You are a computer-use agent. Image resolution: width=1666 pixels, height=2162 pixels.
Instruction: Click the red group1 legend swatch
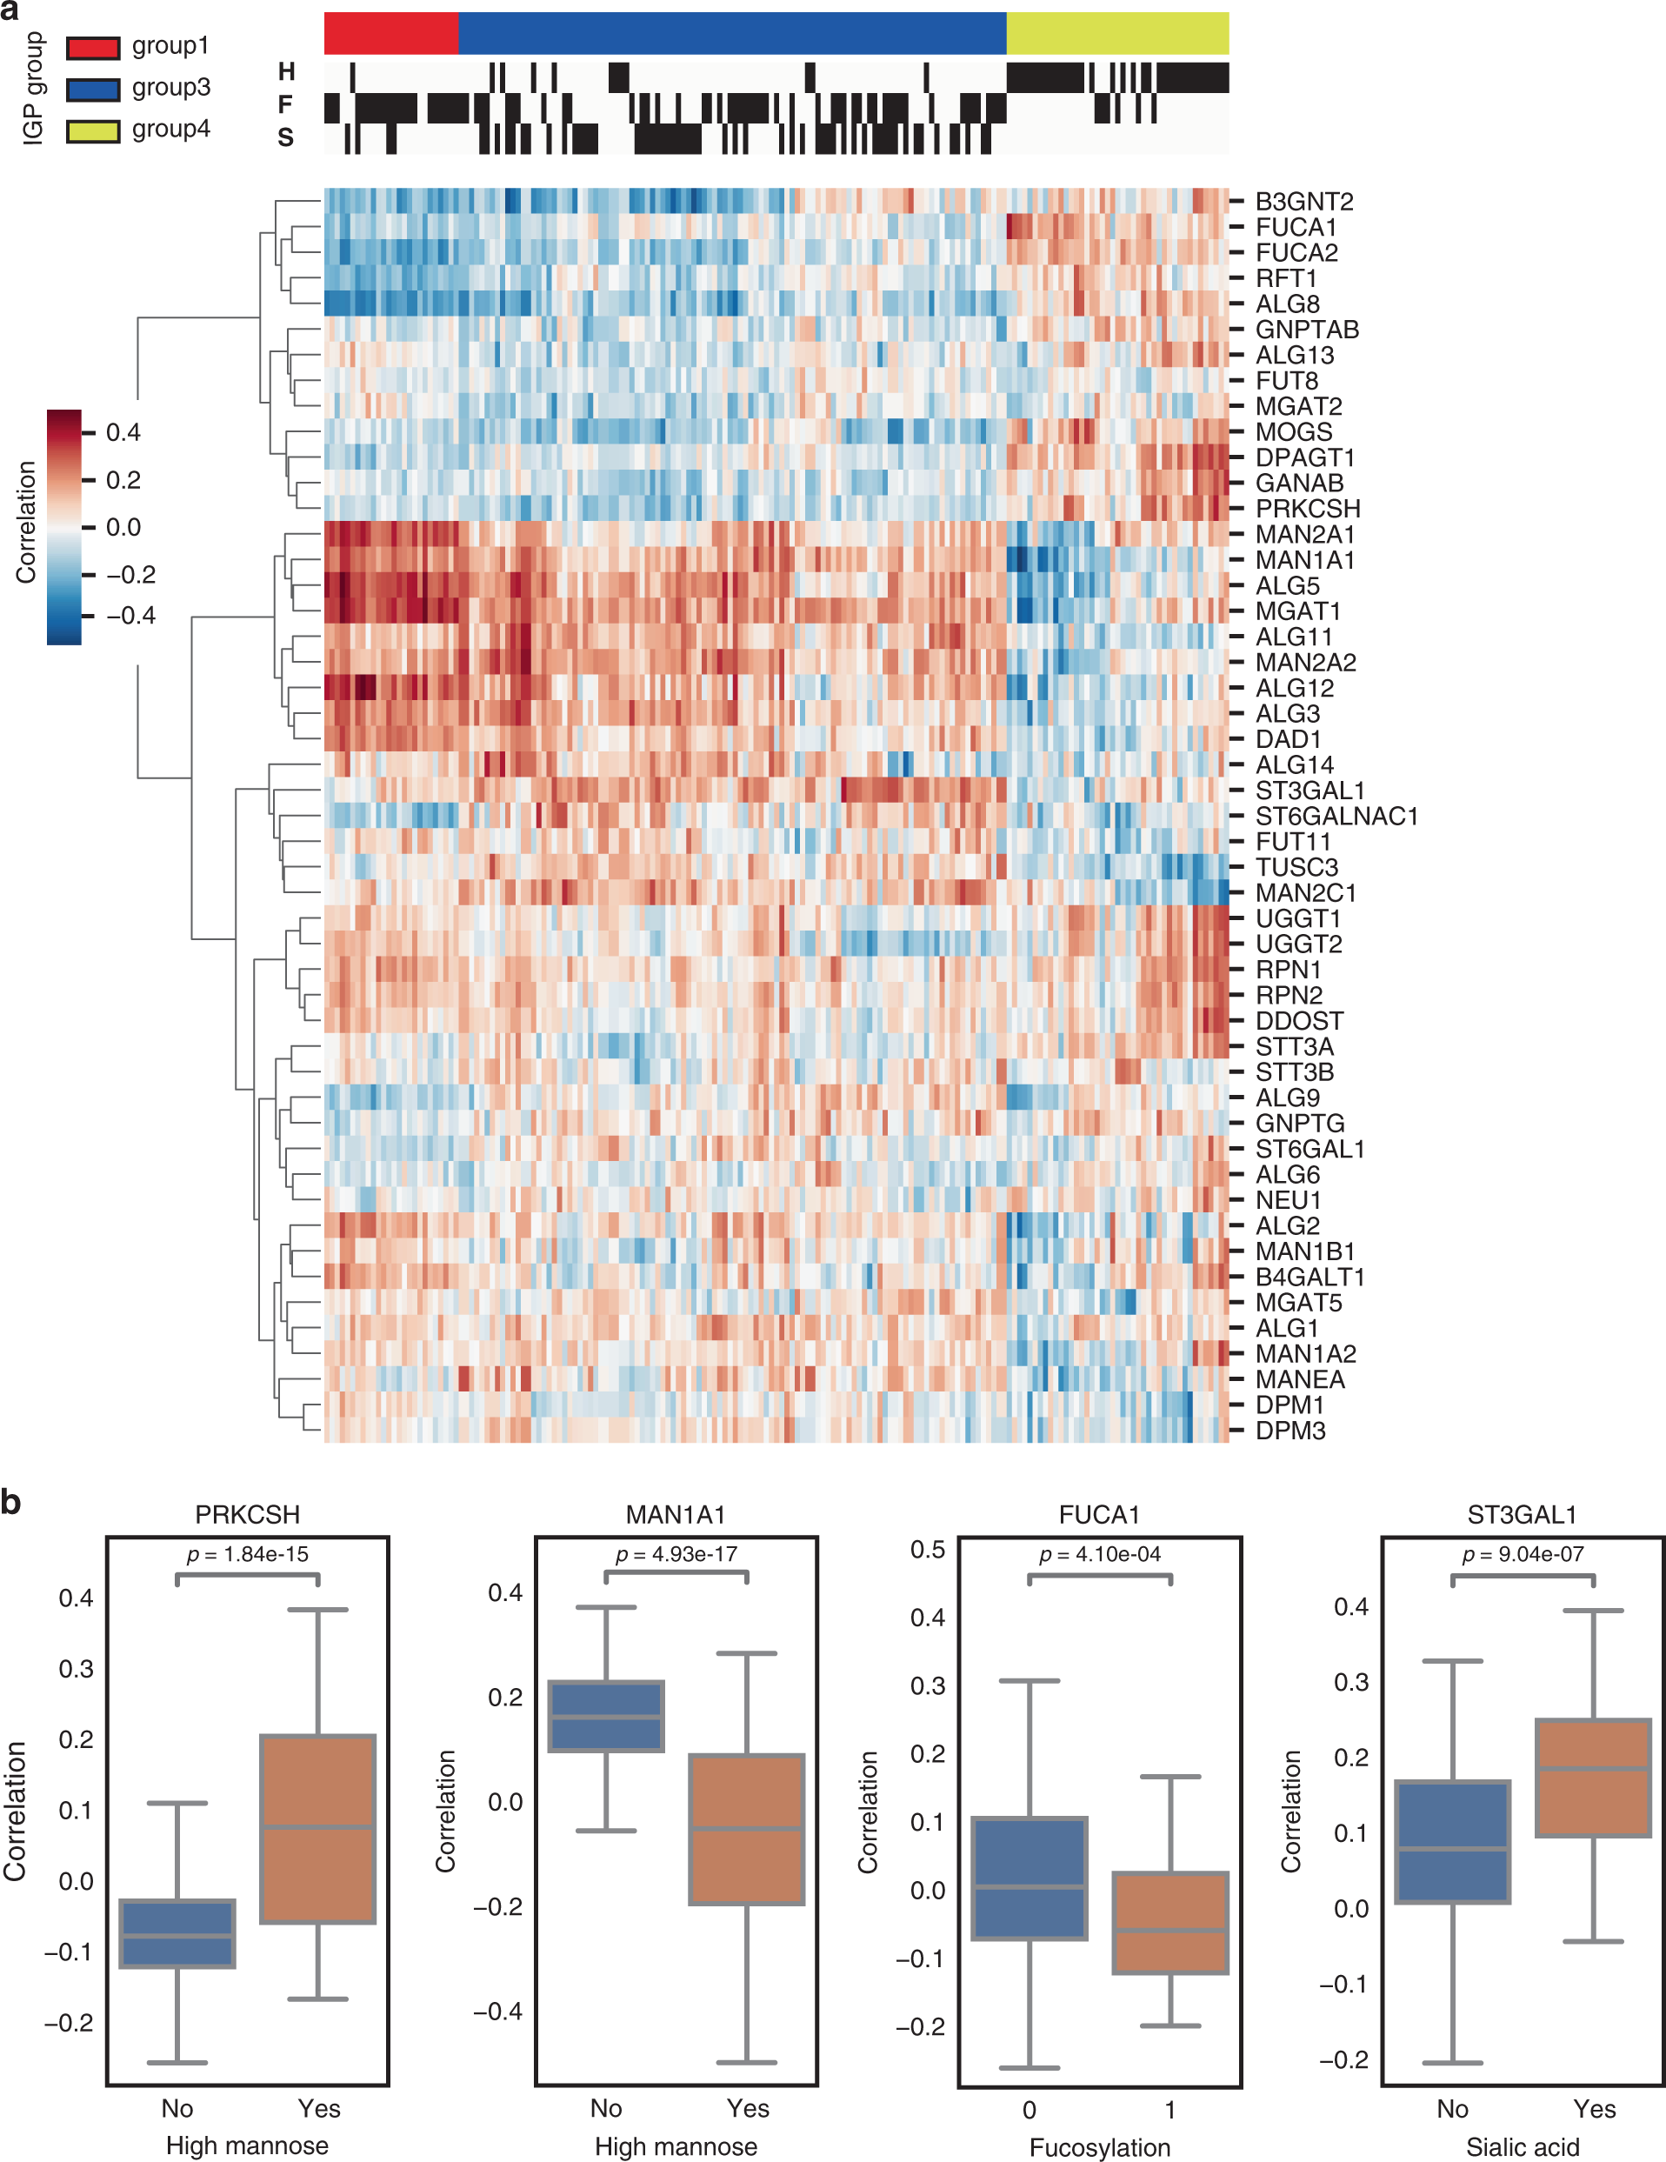93,46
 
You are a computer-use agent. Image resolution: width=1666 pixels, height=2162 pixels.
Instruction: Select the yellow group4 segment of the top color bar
1116,33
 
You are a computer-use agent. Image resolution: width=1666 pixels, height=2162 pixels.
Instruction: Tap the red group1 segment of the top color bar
391,33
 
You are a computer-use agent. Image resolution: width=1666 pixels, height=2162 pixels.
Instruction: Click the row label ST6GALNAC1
1336,817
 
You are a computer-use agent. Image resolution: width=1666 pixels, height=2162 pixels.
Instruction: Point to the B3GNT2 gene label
1303,202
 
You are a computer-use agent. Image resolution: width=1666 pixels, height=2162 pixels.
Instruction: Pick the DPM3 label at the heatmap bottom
1289,1431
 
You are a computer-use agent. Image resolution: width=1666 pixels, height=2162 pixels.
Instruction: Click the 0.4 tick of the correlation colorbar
123,432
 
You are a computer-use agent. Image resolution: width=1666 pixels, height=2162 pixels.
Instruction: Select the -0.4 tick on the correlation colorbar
130,616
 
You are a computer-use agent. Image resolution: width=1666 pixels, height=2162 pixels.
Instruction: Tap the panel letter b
11,1502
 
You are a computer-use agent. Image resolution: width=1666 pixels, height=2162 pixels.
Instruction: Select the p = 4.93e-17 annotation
676,1554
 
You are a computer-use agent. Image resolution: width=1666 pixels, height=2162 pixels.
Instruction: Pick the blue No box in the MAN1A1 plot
606,1716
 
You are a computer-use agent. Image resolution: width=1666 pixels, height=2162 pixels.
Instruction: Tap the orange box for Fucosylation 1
1170,1923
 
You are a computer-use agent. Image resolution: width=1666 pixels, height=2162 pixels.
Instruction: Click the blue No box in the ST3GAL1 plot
1452,1841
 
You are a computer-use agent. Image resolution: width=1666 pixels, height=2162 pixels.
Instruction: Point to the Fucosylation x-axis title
1099,2147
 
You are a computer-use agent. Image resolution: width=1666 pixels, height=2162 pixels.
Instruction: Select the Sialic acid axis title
1522,2147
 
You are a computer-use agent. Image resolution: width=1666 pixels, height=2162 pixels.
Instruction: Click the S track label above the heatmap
285,137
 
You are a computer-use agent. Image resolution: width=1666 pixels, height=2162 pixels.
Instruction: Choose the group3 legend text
170,87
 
